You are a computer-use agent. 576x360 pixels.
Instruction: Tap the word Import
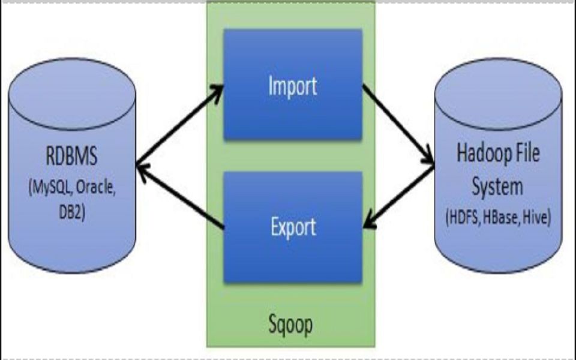tap(293, 86)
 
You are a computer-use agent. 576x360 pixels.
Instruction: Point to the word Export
tap(293, 227)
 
